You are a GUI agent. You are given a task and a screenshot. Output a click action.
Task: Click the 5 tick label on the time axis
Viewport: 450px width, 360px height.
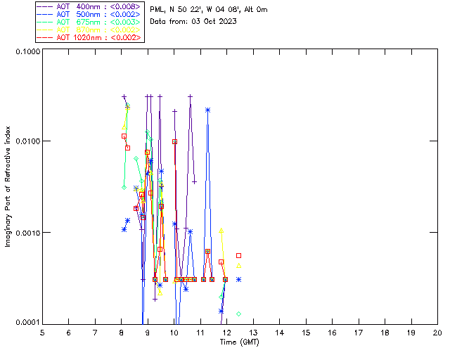pos(42,333)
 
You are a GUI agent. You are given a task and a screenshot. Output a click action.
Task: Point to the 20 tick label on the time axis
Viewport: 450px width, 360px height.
pos(437,333)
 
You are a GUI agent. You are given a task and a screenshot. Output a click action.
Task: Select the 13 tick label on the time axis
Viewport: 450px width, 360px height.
pos(253,333)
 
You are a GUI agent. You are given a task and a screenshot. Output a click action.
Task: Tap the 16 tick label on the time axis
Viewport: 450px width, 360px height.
pos(332,333)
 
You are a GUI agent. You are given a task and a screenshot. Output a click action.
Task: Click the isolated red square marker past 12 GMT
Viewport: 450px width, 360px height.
pos(239,255)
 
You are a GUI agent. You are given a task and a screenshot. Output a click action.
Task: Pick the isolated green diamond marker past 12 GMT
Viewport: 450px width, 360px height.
pos(239,314)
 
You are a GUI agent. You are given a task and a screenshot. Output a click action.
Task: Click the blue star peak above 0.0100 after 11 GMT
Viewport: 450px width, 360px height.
pos(208,110)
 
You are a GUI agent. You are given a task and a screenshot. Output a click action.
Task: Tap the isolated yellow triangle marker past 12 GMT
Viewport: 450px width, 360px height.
pos(239,266)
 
